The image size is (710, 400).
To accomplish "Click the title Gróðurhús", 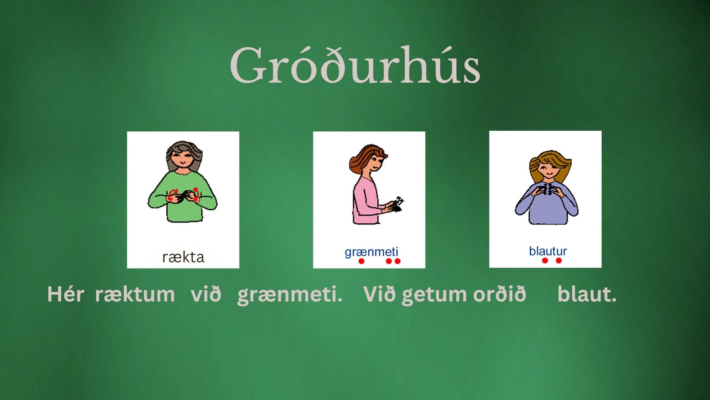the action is coord(355,65).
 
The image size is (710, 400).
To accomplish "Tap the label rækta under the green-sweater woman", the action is coord(183,257).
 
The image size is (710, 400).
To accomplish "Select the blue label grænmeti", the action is coord(371,252).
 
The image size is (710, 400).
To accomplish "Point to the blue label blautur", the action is coord(548,251).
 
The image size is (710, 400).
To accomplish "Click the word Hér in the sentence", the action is coord(66,294).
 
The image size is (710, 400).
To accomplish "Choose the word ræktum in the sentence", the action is coord(135,295).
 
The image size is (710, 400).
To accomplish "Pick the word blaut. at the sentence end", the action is coord(587,294).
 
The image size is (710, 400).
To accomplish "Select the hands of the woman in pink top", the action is coord(394,205).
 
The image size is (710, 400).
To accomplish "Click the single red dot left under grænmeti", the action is coord(361,261).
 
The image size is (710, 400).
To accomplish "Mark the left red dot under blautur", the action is coord(545,260).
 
